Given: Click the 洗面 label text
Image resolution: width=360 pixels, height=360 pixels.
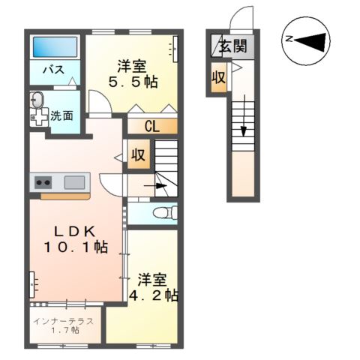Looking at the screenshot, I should pyautogui.click(x=62, y=115).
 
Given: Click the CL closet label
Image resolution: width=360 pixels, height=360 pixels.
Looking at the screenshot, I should pyautogui.click(x=151, y=126).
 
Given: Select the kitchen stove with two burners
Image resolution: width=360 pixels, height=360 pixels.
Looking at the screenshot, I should pyautogui.click(x=41, y=181).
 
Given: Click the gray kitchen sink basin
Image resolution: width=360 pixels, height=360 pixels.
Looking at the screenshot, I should pyautogui.click(x=74, y=181).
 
